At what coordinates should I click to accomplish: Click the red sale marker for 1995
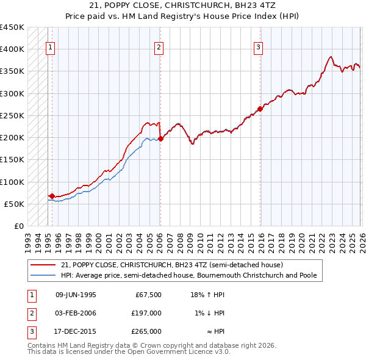[52, 196]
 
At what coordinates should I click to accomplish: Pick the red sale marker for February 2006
[160, 139]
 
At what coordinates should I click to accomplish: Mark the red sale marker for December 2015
[260, 109]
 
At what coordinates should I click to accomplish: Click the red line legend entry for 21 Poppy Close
[171, 265]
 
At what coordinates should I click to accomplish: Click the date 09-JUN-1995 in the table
[76, 295]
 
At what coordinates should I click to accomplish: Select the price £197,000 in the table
[146, 313]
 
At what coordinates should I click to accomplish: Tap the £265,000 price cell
[146, 331]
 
